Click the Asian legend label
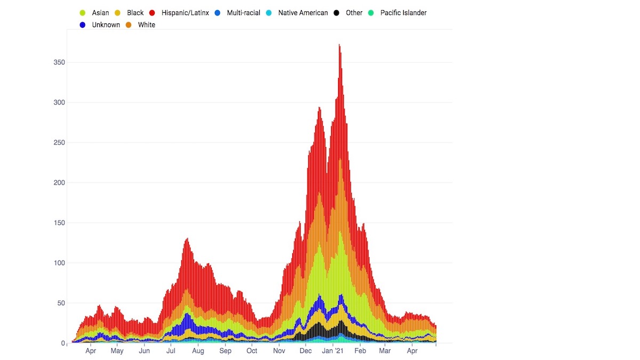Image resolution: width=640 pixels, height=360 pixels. (x=100, y=13)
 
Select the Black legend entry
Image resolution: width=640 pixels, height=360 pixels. (x=135, y=13)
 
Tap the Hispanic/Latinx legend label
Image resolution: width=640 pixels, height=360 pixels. (x=185, y=13)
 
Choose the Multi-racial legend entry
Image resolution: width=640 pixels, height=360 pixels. (x=243, y=13)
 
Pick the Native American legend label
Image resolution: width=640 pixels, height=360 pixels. (x=303, y=13)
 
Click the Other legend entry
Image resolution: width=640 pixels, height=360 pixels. (x=354, y=13)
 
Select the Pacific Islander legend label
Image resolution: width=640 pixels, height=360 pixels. (x=403, y=13)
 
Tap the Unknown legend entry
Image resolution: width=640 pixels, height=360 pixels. (x=106, y=25)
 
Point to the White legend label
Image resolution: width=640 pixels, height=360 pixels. (x=146, y=25)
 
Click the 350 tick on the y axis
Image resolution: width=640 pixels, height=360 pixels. (x=59, y=62)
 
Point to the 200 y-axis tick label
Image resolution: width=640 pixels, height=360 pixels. (x=59, y=183)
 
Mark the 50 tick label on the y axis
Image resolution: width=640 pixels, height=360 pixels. (x=61, y=303)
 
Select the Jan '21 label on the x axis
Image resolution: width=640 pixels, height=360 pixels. (x=333, y=351)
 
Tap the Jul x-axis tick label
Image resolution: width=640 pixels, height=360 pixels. (x=171, y=351)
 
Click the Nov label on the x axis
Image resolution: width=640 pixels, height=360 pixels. (x=279, y=351)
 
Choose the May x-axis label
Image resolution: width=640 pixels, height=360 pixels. (x=117, y=351)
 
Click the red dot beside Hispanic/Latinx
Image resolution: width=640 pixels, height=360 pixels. (x=153, y=13)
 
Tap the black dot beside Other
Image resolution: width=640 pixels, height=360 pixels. (x=336, y=13)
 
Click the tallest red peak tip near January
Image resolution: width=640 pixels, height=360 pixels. (x=339, y=45)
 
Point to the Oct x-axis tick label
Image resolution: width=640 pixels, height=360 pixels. (x=252, y=351)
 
